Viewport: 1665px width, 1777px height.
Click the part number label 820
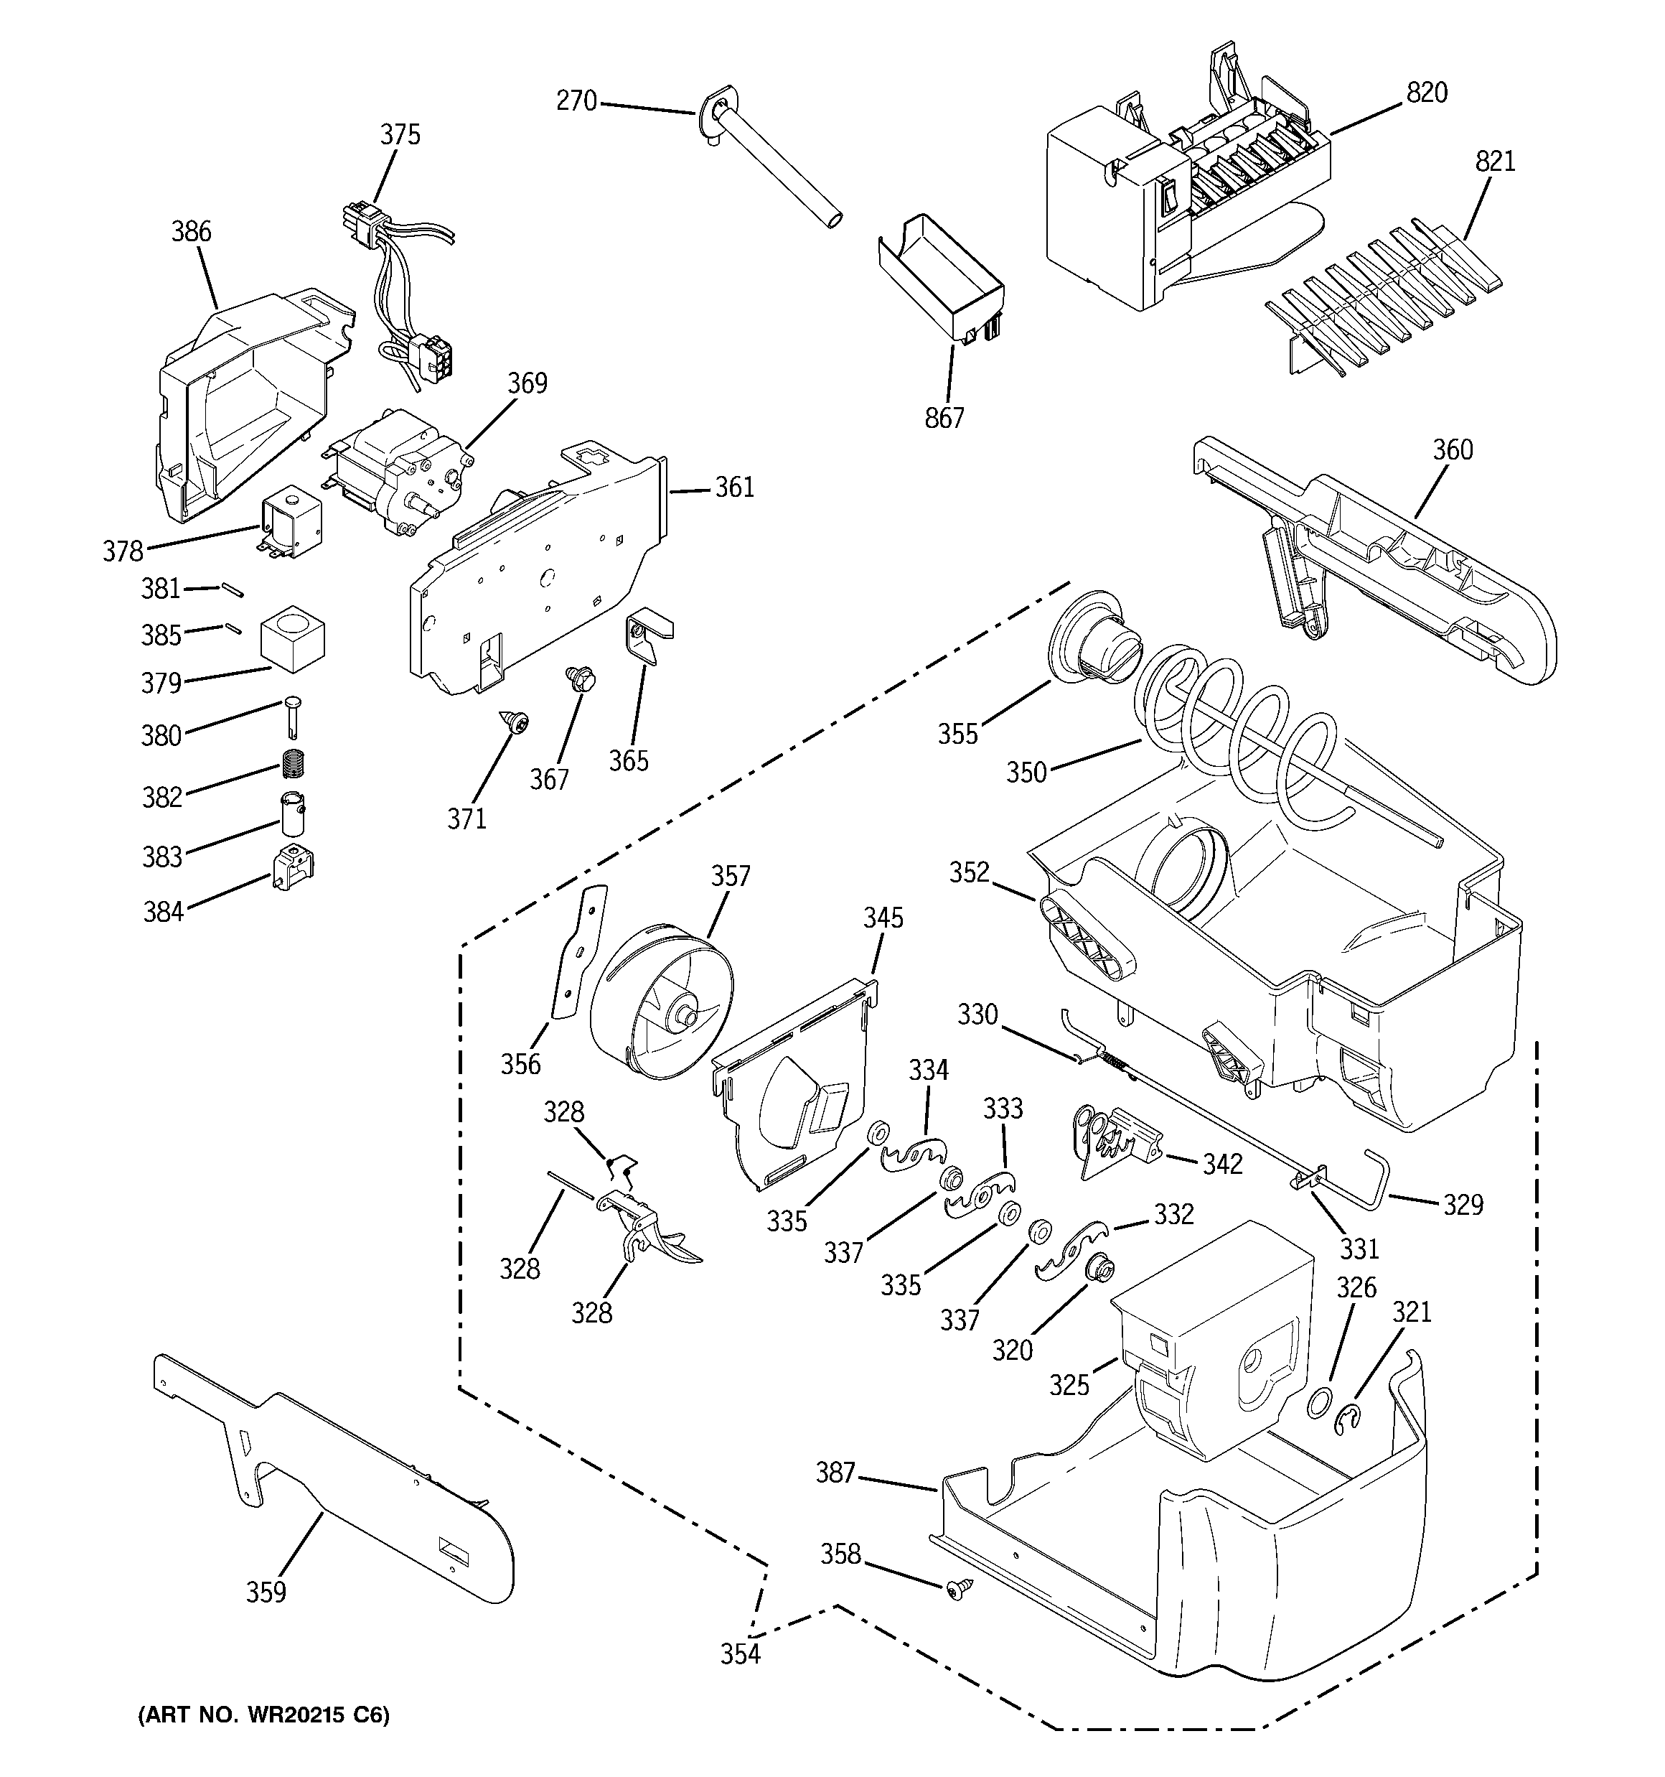click(1427, 93)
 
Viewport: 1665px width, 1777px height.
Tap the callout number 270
click(576, 102)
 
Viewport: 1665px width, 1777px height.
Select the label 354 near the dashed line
click(740, 1654)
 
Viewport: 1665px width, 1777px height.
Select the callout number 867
click(944, 417)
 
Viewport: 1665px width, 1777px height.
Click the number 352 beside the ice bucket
click(969, 872)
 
